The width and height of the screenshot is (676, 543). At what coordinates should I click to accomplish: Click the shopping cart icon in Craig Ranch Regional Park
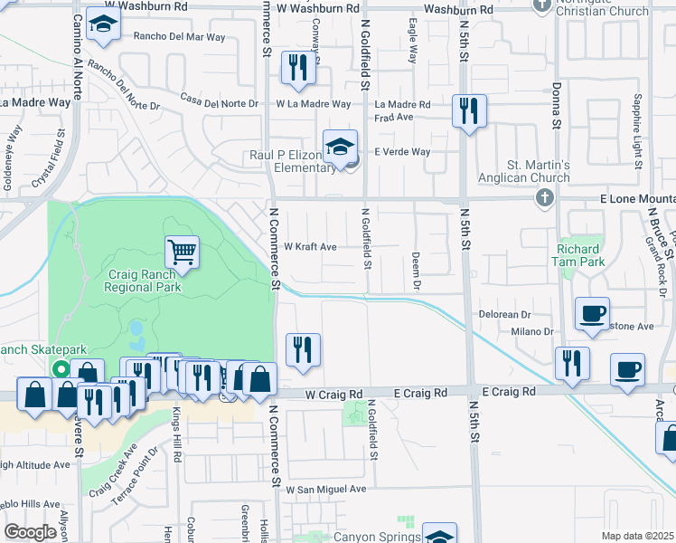click(x=182, y=251)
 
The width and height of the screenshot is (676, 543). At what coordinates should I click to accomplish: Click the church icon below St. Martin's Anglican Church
click(x=544, y=197)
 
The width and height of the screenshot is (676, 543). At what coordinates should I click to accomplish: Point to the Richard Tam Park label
click(x=578, y=254)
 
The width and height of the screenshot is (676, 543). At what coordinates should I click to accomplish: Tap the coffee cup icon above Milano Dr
click(x=593, y=313)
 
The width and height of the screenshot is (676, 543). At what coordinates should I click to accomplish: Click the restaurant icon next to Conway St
click(x=297, y=67)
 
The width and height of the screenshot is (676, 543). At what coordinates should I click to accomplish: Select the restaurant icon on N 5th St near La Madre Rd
click(x=468, y=111)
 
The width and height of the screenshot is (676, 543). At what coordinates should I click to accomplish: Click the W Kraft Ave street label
click(x=310, y=246)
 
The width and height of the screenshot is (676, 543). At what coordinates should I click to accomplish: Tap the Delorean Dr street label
click(x=504, y=314)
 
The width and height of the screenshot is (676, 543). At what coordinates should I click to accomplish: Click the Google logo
click(x=31, y=532)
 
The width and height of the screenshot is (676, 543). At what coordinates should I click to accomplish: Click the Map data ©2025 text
click(x=638, y=536)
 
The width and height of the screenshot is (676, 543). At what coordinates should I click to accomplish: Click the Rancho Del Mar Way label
click(x=179, y=38)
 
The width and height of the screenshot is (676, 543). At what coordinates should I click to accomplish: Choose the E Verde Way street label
click(x=402, y=152)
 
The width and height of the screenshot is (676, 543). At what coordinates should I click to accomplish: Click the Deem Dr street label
click(x=417, y=271)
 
